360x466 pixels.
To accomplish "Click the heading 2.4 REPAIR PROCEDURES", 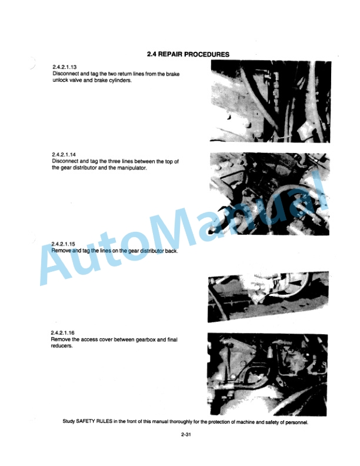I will [188, 54].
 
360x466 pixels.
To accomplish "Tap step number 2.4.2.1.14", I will [64, 155].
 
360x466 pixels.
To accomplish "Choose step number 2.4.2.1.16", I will [64, 333].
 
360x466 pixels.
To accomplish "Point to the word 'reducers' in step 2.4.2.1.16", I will [62, 346].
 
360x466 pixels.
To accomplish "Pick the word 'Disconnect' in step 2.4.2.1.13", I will [66, 74].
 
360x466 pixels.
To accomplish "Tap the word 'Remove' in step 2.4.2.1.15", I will [62, 251].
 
